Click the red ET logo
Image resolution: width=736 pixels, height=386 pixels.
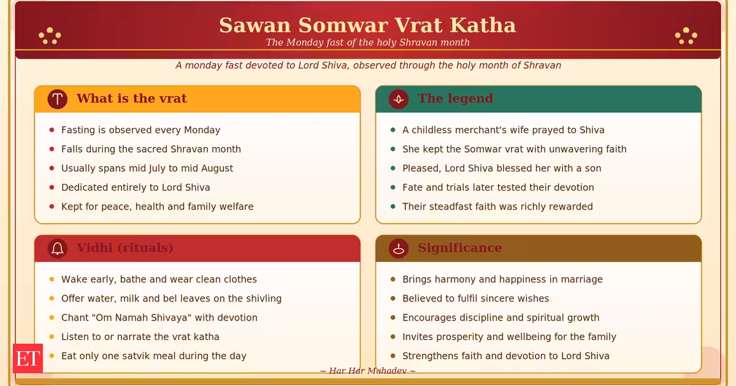tap(28, 358)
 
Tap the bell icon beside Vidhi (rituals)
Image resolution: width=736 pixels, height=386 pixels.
tap(58, 248)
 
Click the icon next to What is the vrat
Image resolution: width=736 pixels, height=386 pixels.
tap(58, 99)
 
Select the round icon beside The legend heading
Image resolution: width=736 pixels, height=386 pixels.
tap(399, 99)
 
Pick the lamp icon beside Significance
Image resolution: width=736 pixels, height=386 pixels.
tap(399, 248)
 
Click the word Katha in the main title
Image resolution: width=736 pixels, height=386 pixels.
tap(483, 25)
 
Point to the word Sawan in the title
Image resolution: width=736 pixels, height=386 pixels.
tap(255, 25)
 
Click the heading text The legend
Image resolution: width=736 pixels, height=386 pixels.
tap(455, 98)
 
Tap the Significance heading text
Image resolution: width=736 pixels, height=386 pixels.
tap(459, 248)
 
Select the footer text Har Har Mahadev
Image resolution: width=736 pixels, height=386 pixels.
tap(367, 371)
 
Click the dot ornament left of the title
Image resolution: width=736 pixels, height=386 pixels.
tap(50, 36)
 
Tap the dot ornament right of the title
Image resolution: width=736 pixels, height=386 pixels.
tap(686, 36)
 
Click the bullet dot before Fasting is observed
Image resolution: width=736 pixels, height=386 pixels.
tap(52, 130)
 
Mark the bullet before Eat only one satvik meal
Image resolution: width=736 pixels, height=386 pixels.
tap(52, 356)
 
